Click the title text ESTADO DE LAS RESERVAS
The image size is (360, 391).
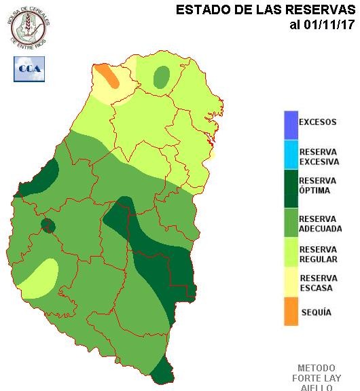(x=266, y=10)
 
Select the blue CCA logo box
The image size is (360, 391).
(x=29, y=69)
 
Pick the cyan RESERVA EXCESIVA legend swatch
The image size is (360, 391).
(x=291, y=155)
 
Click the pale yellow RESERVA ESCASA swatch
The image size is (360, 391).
(x=291, y=281)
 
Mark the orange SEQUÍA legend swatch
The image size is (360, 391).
(x=291, y=312)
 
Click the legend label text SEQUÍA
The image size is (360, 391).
(x=315, y=312)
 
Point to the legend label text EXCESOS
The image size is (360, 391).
(x=317, y=123)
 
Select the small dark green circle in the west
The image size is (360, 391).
(x=48, y=225)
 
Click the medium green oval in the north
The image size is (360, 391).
(x=162, y=77)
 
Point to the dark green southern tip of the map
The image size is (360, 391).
(x=161, y=372)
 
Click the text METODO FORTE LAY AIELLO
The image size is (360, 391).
(x=316, y=377)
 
